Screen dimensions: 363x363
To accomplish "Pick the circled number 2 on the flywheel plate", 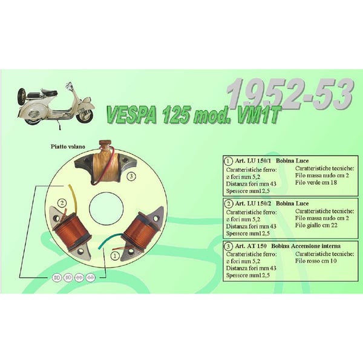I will [x=61, y=203].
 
